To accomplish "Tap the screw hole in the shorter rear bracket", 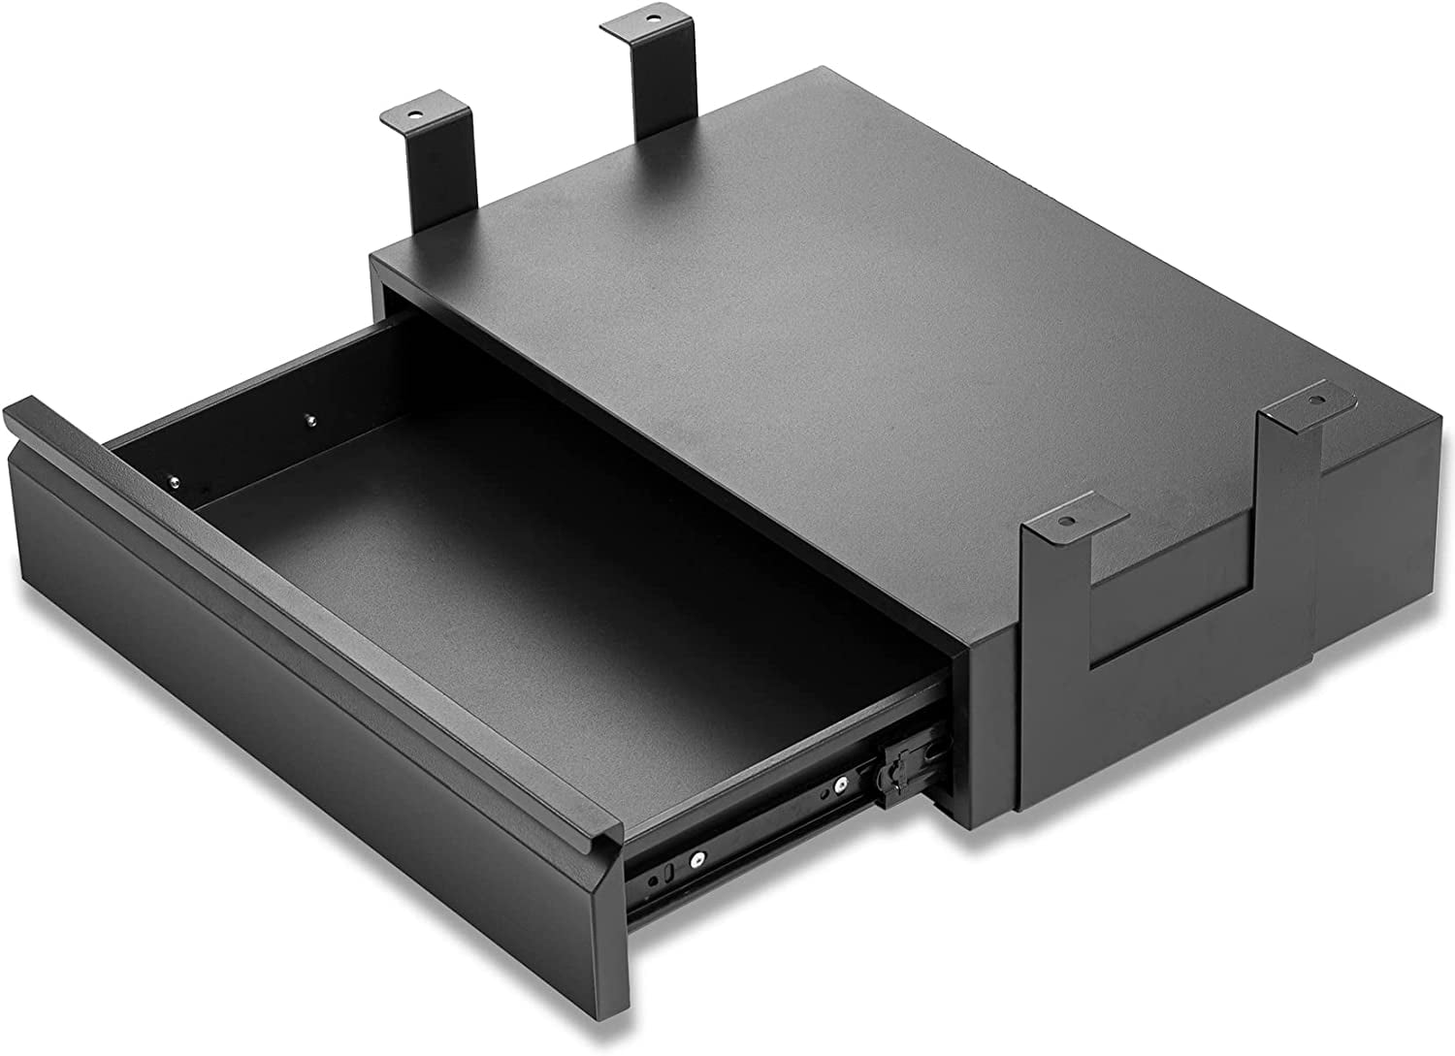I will [x=416, y=113].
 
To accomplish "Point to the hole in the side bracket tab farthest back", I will [x=1316, y=399].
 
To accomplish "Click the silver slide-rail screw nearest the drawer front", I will [x=696, y=859].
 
